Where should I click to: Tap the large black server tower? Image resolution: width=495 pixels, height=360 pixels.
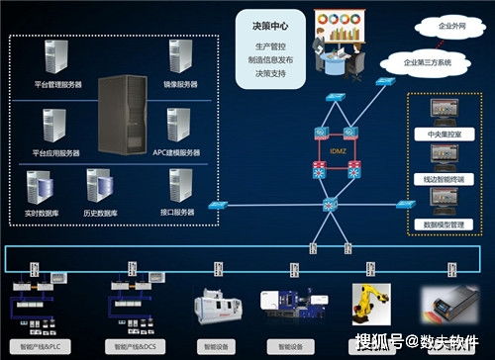tap(127, 113)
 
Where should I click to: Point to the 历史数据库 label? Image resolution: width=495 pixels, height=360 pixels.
tap(100, 214)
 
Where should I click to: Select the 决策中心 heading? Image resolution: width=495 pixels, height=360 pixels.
tap(267, 25)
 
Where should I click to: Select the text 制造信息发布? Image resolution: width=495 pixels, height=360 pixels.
tap(268, 59)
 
